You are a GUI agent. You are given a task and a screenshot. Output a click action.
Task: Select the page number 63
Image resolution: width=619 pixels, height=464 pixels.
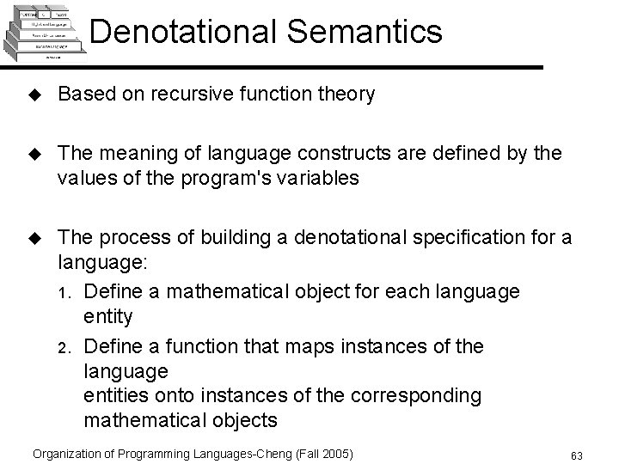tap(577, 454)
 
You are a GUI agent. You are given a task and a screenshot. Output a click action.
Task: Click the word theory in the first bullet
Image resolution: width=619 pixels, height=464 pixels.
tap(346, 94)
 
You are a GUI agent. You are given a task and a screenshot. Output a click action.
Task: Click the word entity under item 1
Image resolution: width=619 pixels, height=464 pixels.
tap(108, 316)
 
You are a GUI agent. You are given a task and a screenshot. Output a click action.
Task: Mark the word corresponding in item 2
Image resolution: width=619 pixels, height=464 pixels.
tap(402, 395)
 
